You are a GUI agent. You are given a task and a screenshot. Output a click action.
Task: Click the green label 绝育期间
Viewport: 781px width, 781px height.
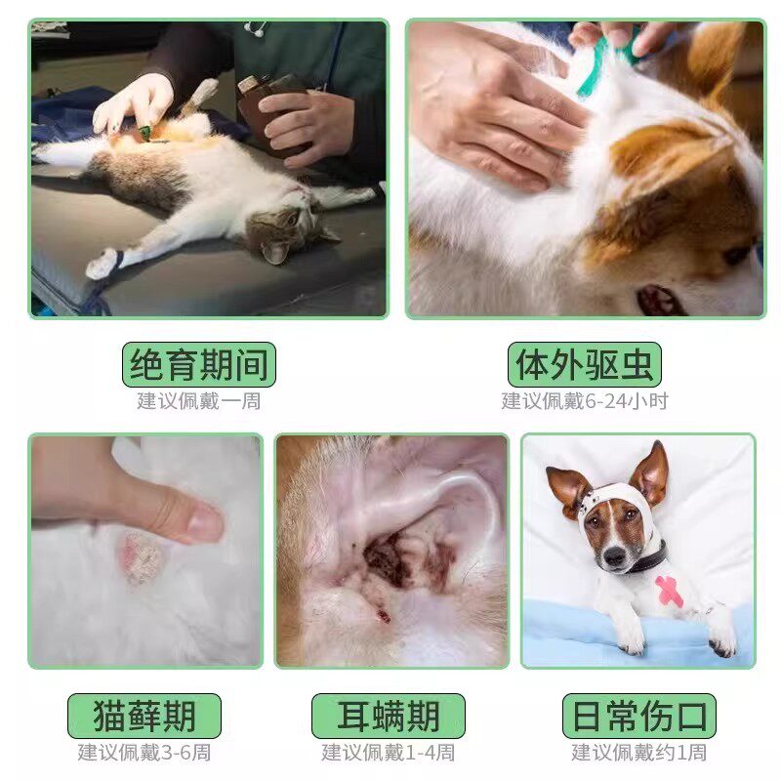[x=199, y=365]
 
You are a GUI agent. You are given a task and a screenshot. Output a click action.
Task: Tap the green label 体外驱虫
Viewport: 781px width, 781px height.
[x=585, y=365]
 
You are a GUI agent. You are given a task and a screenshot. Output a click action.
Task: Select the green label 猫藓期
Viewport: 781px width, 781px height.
[x=144, y=716]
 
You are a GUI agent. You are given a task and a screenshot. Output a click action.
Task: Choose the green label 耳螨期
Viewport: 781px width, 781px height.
[x=389, y=716]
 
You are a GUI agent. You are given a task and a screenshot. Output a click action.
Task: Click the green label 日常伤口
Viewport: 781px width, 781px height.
[x=639, y=716]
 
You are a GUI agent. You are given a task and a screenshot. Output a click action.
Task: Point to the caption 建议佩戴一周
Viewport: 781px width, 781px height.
[x=199, y=401]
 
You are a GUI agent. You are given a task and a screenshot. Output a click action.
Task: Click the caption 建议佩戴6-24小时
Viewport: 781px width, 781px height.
[x=585, y=401]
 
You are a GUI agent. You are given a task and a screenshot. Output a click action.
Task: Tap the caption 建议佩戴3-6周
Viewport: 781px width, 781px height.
[x=144, y=753]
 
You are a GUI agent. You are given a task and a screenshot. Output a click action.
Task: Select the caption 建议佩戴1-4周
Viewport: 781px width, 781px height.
[x=389, y=753]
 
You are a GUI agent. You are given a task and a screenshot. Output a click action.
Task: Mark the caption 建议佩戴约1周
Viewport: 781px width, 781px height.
[x=639, y=753]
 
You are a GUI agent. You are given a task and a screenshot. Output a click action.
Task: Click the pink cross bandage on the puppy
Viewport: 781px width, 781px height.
[x=670, y=589]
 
